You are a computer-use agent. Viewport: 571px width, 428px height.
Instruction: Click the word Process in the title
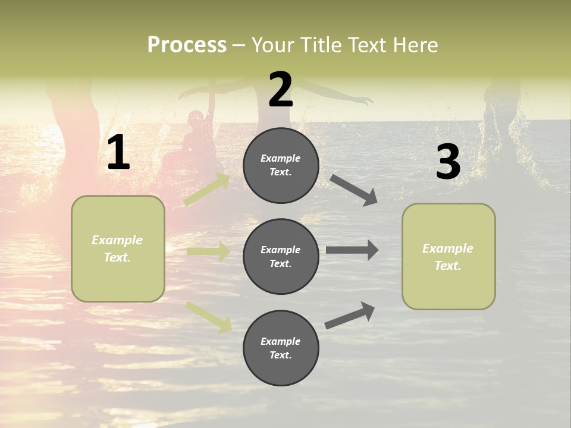tap(187, 45)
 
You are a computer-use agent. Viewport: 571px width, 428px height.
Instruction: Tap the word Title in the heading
tap(318, 45)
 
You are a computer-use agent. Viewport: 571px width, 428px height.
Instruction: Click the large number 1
tap(118, 153)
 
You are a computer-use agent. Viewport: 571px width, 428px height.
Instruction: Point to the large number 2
tap(281, 90)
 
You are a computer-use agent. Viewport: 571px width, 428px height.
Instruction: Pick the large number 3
tap(448, 162)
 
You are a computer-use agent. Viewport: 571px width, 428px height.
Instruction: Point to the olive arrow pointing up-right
tap(208, 190)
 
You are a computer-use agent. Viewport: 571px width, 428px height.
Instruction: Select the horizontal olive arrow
tap(208, 251)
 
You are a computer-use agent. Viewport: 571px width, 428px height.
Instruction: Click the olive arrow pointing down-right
tap(209, 316)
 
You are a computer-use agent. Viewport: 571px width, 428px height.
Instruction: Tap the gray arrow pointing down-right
tap(354, 190)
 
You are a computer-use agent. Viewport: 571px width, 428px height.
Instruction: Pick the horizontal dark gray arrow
tap(352, 250)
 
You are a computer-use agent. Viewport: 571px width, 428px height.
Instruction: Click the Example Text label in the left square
tap(117, 248)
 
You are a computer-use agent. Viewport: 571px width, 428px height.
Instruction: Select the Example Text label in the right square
tap(448, 257)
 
